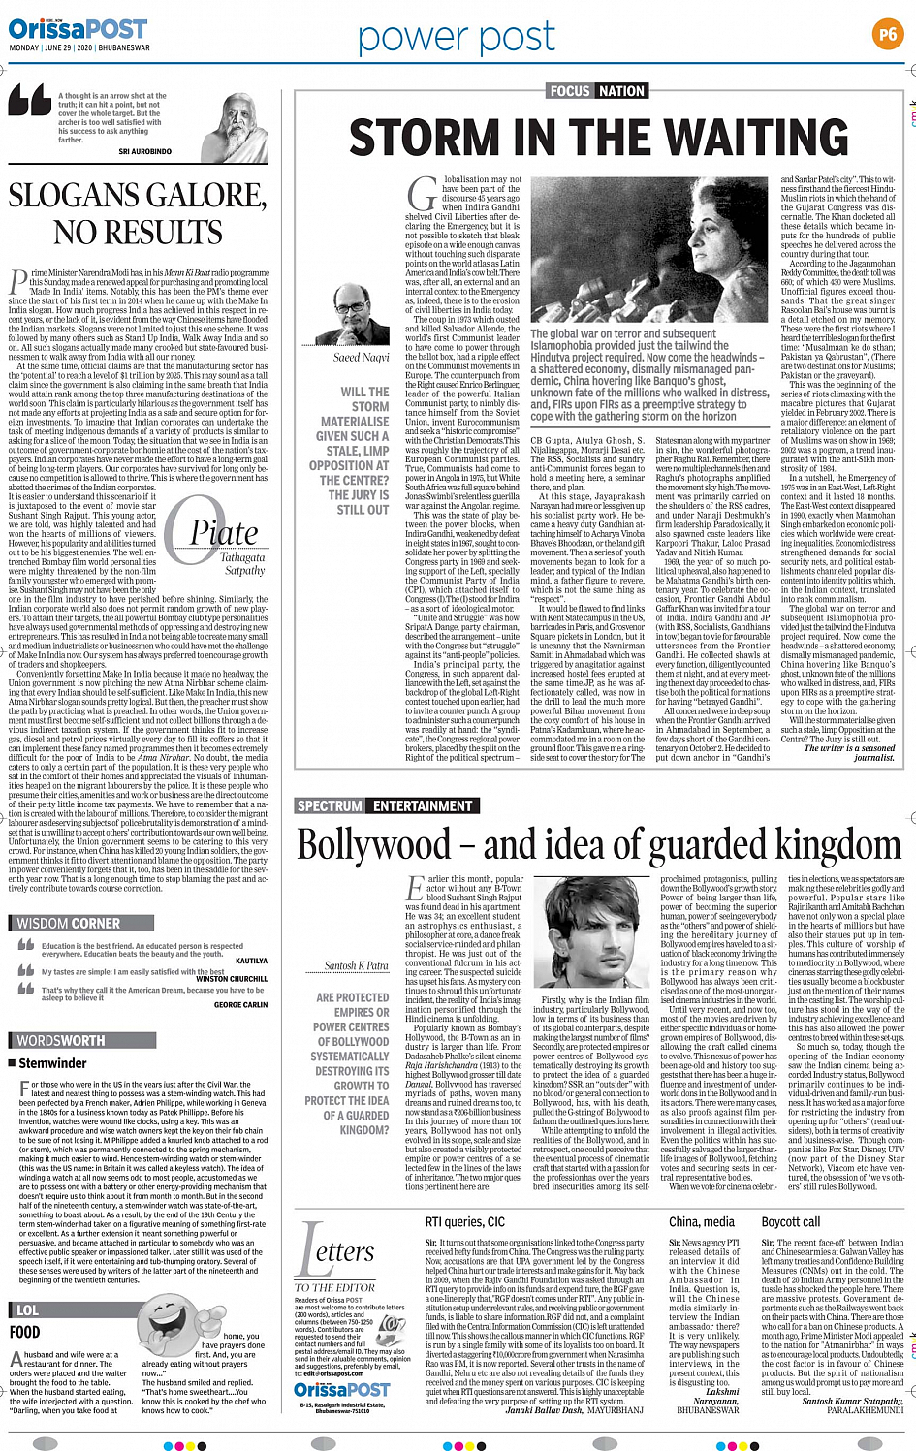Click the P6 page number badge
pyautogui.click(x=887, y=34)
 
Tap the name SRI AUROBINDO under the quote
pyautogui.click(x=144, y=152)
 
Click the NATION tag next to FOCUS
pyautogui.click(x=621, y=91)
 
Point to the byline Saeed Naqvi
pyautogui.click(x=361, y=358)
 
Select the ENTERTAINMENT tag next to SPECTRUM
pyautogui.click(x=423, y=805)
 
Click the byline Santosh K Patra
pyautogui.click(x=356, y=965)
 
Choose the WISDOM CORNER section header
pyautogui.click(x=69, y=924)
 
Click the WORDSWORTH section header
pyautogui.click(x=60, y=1040)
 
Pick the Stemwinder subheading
pyautogui.click(x=52, y=1063)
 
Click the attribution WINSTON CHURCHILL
pyautogui.click(x=233, y=979)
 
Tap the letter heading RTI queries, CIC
pyautogui.click(x=465, y=1222)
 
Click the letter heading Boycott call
pyautogui.click(x=790, y=1222)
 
